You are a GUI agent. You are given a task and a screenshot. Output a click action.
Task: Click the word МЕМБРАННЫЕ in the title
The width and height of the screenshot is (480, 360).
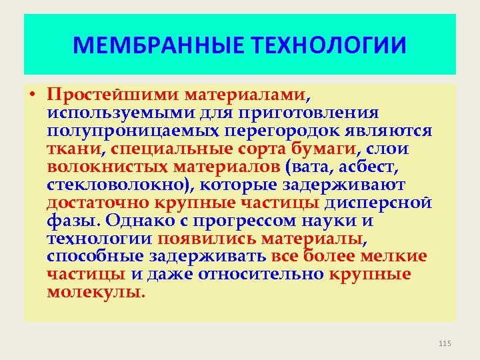click(160, 46)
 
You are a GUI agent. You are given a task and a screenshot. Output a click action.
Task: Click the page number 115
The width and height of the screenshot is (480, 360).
click(445, 343)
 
